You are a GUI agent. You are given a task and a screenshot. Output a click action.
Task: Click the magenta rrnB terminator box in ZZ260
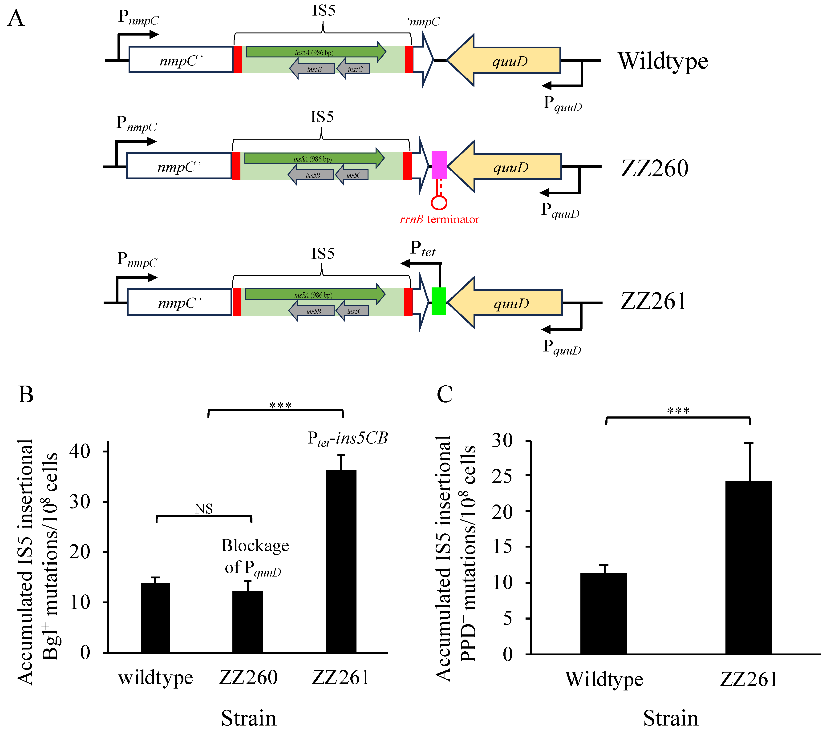pyautogui.click(x=439, y=165)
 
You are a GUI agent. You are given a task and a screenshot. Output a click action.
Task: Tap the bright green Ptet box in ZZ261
pyautogui.click(x=438, y=301)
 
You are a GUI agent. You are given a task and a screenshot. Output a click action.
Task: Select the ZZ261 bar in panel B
pyautogui.click(x=341, y=561)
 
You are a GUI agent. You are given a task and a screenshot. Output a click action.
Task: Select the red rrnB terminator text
pyautogui.click(x=439, y=219)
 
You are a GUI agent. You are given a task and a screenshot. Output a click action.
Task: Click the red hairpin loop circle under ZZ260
pyautogui.click(x=439, y=202)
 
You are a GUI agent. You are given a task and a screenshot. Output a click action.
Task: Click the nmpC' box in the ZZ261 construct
pyautogui.click(x=179, y=302)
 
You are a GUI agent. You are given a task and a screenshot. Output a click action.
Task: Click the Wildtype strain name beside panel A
pyautogui.click(x=663, y=61)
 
